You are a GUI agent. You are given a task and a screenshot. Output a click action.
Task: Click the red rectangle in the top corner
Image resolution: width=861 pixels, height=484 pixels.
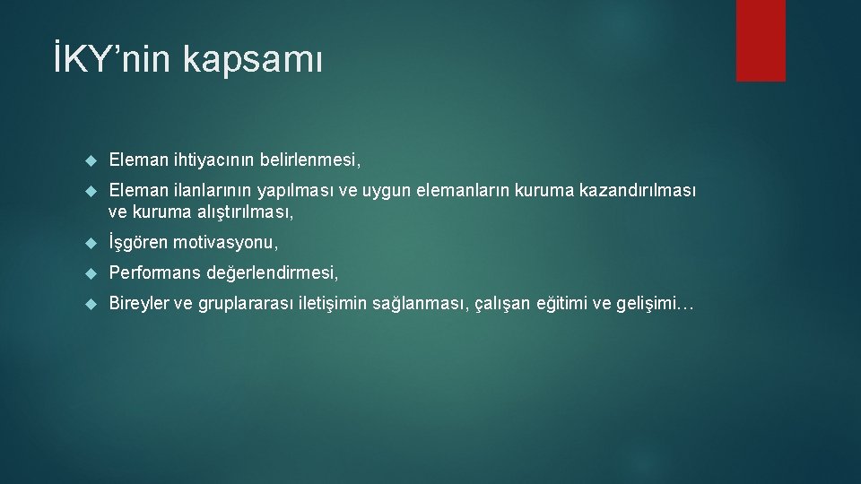(x=761, y=40)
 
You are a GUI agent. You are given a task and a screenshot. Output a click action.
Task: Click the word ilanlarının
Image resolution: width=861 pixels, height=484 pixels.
(x=210, y=190)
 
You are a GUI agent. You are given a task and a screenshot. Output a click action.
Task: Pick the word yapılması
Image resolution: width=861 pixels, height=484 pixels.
(x=293, y=190)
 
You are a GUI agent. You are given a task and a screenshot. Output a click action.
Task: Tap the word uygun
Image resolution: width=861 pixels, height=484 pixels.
(x=379, y=191)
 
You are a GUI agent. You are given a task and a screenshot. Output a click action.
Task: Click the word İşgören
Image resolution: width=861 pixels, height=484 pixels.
(x=138, y=243)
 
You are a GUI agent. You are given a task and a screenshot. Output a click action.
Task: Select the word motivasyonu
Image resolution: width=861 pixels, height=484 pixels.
(x=225, y=243)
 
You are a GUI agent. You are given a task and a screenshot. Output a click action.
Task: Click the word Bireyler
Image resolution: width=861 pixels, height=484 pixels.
(x=138, y=304)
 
